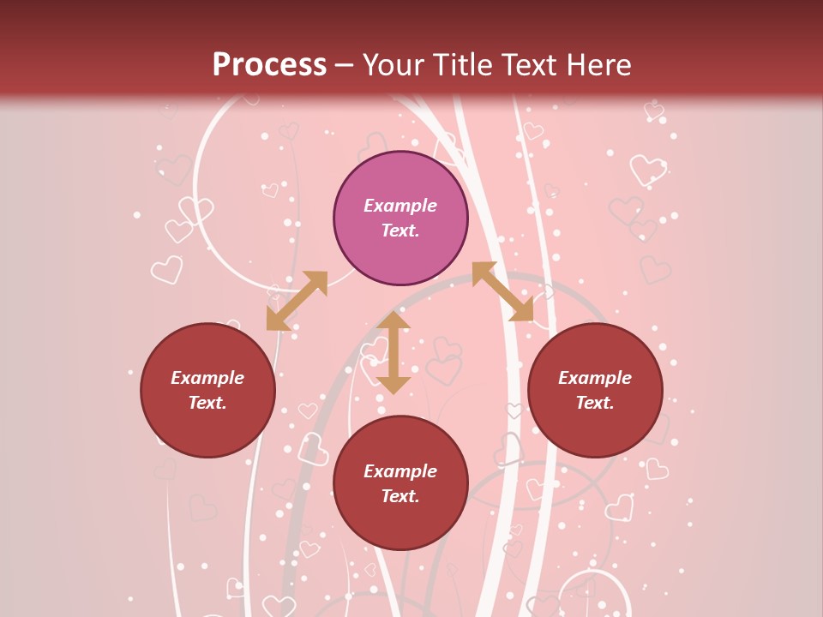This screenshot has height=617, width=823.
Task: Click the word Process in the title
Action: point(269,65)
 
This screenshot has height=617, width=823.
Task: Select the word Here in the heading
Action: point(597,65)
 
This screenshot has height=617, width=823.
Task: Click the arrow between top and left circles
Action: point(297,301)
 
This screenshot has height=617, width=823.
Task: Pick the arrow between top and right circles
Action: point(502,291)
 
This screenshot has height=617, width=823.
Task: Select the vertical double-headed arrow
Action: point(393,352)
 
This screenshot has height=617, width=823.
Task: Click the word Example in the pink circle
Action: point(400,206)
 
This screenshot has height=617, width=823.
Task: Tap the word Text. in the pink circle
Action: point(400,231)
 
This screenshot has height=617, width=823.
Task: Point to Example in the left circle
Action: point(207,378)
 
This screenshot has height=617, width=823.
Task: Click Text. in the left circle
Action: point(207,403)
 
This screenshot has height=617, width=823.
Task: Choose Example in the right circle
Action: point(595,378)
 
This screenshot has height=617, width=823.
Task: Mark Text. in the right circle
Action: point(595,403)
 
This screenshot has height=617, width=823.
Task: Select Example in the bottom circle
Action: point(400,471)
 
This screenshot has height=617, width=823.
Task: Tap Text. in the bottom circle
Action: point(400,496)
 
